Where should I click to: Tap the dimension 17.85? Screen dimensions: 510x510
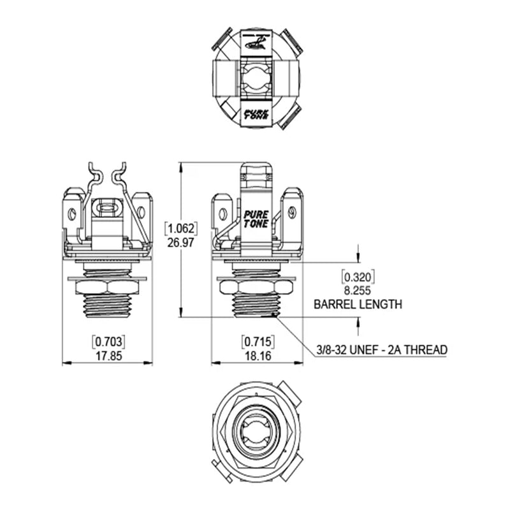[x=107, y=356]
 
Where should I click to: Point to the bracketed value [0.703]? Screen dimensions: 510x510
[x=107, y=340]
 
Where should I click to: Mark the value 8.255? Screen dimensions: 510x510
[x=358, y=291]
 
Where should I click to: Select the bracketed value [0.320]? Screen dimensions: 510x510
[x=358, y=277]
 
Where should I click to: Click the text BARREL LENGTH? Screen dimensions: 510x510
[x=358, y=305]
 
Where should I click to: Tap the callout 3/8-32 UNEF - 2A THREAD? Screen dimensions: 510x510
[x=382, y=350]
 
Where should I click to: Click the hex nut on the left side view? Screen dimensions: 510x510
[x=107, y=288]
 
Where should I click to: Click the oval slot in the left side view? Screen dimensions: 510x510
[x=106, y=207]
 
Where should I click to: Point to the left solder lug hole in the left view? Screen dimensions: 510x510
[x=73, y=213]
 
